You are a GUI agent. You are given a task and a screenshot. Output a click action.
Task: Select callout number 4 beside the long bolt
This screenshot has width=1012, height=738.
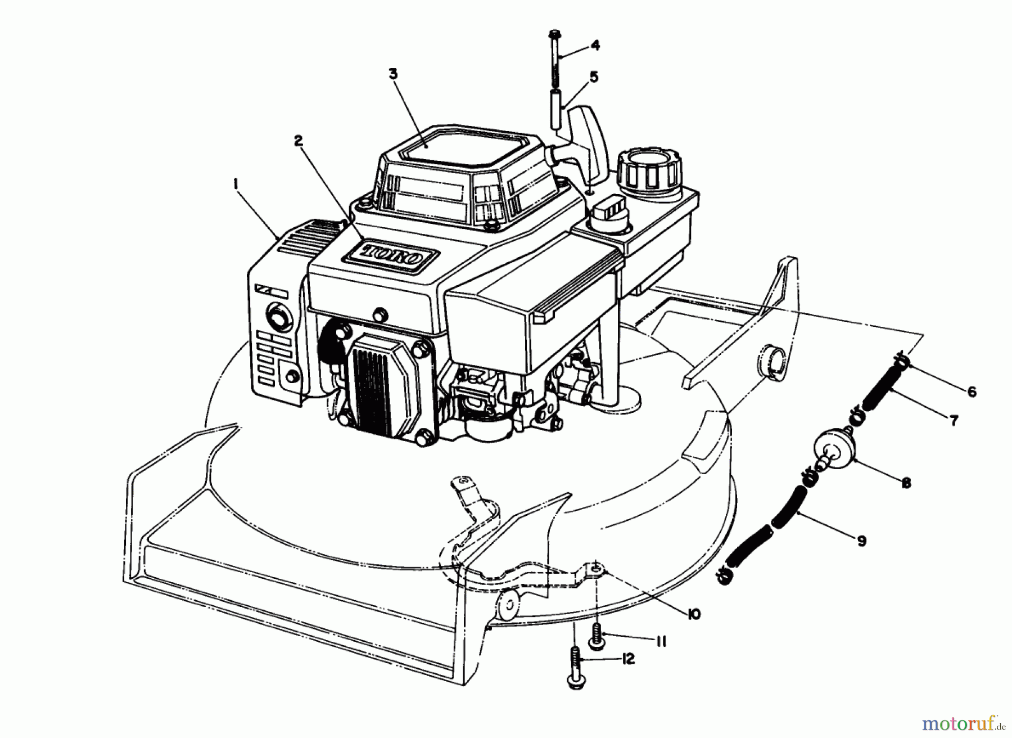[595, 46]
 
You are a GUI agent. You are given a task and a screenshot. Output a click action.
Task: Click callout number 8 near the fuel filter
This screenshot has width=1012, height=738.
[905, 483]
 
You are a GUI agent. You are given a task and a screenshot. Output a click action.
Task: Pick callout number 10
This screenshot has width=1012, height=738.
[693, 614]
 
